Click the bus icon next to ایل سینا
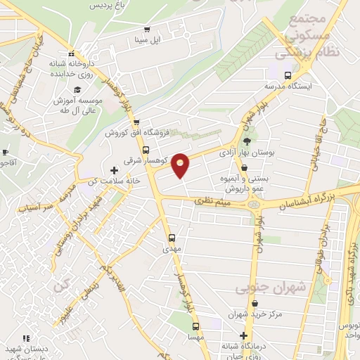147,30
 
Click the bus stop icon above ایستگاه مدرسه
287,75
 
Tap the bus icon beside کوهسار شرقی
146,150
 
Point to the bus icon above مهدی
172,238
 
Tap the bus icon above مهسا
196,326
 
